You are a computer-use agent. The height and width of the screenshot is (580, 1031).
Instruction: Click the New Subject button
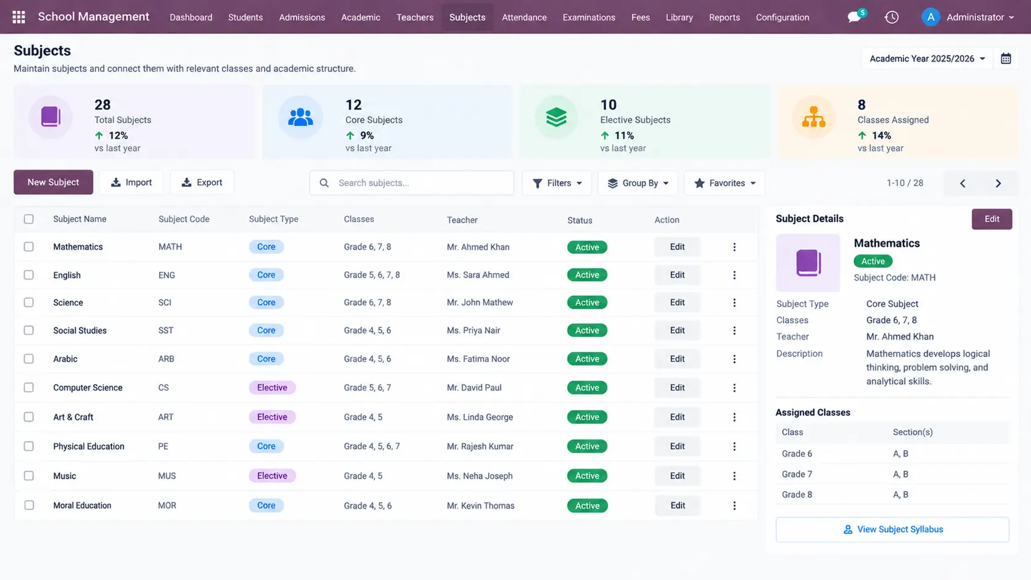(x=54, y=182)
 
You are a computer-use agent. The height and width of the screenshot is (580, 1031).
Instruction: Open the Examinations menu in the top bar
(x=589, y=17)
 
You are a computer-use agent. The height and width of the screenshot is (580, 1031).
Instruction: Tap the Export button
(x=202, y=182)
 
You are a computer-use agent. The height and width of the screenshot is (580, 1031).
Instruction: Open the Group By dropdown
(x=638, y=183)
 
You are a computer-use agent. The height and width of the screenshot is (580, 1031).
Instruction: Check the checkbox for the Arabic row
(x=28, y=358)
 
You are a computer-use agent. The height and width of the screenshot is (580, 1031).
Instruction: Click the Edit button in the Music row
(x=677, y=476)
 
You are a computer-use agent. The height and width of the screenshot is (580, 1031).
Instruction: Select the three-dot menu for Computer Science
(x=734, y=388)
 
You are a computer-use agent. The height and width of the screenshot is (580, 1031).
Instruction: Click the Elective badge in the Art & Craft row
(x=272, y=417)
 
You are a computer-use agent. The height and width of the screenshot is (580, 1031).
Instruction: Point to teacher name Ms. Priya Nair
(x=473, y=330)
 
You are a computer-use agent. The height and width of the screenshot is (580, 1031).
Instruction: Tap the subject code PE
(x=163, y=446)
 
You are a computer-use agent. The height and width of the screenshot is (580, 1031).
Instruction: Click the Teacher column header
(x=462, y=220)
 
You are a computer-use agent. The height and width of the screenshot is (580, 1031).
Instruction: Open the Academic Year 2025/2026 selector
(x=927, y=59)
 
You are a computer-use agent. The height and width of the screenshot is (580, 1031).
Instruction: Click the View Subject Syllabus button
(x=892, y=529)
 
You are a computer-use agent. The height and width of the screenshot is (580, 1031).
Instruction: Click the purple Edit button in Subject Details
(x=992, y=219)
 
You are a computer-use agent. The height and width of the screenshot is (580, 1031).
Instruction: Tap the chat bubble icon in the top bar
(x=854, y=17)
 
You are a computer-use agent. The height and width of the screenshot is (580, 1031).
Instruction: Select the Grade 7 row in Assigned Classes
(x=892, y=474)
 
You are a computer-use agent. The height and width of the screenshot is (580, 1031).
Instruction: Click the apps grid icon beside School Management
(x=19, y=17)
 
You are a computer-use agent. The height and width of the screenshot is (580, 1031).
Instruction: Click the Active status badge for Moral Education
(x=587, y=505)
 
